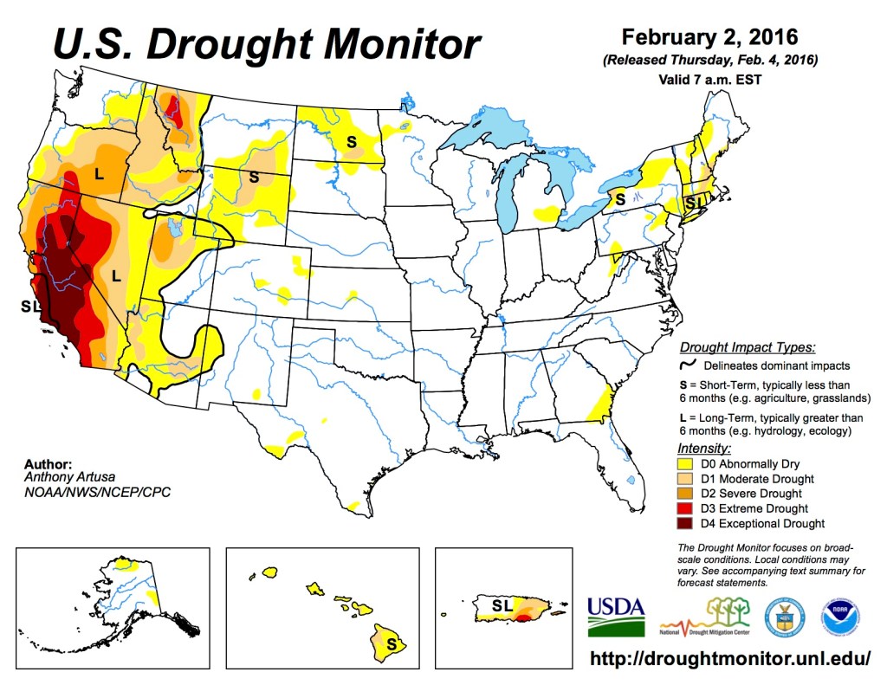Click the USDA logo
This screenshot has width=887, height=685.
616,616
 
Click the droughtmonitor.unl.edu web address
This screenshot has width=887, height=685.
730,658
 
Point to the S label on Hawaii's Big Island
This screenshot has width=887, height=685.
392,644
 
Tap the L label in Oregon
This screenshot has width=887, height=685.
99,174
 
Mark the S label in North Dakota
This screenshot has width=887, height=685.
352,140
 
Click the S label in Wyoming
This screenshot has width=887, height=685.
254,177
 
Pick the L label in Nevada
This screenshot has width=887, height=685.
115,276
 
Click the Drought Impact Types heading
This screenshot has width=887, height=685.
748,347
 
